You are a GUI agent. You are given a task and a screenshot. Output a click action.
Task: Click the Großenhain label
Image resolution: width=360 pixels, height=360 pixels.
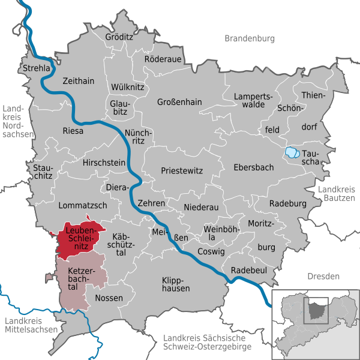click(180, 101)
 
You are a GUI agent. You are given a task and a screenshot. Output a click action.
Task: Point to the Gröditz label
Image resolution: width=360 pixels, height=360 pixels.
click(119, 37)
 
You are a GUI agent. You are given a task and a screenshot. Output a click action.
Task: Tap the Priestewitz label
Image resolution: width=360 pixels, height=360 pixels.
click(181, 170)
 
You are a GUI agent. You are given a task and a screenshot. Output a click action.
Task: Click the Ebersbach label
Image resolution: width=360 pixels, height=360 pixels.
click(254, 168)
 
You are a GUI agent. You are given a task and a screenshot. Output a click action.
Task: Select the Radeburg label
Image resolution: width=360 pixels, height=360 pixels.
click(288, 203)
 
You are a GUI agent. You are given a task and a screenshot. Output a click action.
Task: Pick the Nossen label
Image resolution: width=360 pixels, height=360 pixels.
click(109, 298)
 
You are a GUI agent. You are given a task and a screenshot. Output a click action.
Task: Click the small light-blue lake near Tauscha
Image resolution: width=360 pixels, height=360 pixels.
click(292, 152)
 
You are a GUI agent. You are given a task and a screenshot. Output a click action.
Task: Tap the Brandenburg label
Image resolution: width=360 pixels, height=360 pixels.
click(250, 38)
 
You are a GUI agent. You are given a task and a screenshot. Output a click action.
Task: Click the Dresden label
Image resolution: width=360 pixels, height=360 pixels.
click(323, 276)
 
